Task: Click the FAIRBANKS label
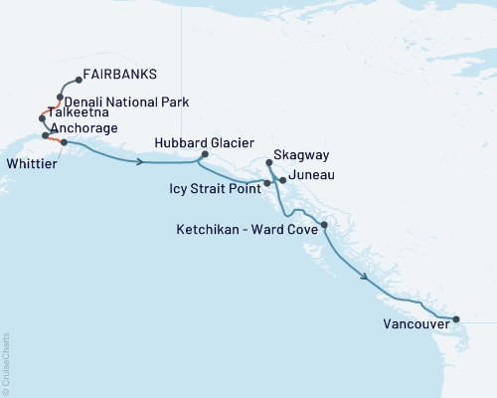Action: [120, 74]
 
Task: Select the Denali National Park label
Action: [127, 101]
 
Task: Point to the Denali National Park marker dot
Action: [61, 98]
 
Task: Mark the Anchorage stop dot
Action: [46, 135]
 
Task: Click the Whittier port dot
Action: [64, 142]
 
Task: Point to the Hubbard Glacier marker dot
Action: [205, 154]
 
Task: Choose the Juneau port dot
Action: [283, 180]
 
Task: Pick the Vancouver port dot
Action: [456, 319]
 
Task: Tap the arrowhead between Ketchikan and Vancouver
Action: [366, 278]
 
